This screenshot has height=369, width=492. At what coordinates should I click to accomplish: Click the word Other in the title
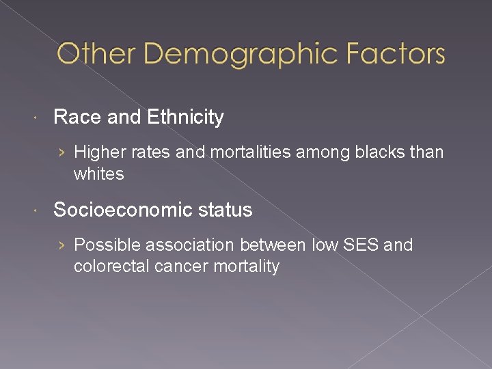tap(92, 53)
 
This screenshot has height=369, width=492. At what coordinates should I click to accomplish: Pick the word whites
tap(99, 174)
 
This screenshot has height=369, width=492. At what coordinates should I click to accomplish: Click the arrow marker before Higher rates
tap(63, 152)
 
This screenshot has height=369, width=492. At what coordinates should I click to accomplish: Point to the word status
tap(225, 210)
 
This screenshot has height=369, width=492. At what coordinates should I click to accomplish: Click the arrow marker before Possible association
tap(63, 245)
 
